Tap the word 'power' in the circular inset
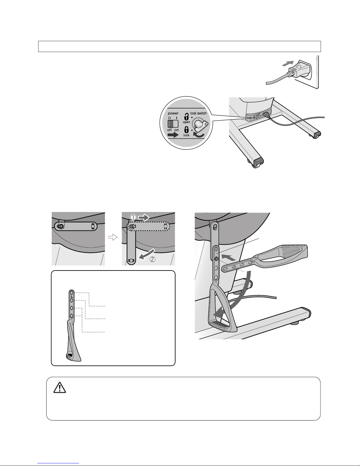pyautogui.click(x=173, y=113)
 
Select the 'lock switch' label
pyautogui.click(x=198, y=113)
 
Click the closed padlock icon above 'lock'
pyautogui.click(x=186, y=130)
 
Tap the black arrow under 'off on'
pyautogui.click(x=173, y=135)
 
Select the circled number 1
pyautogui.click(x=133, y=218)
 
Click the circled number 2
pyautogui.click(x=152, y=259)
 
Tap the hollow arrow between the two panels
pyautogui.click(x=113, y=237)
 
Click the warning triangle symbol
pyautogui.click(x=60, y=387)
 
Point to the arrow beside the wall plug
pyautogui.click(x=288, y=64)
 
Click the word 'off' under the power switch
pyautogui.click(x=169, y=130)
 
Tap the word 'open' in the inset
pyautogui.click(x=186, y=122)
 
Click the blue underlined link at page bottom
pyautogui.click(x=58, y=463)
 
